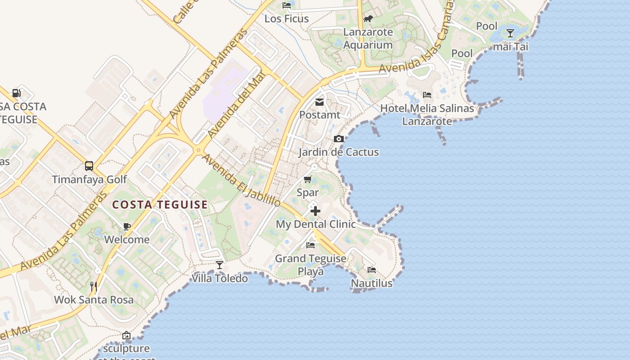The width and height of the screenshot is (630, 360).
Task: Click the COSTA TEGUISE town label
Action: (160, 205)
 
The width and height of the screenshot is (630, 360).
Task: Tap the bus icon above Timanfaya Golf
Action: (89, 166)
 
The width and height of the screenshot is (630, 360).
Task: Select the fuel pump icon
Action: (16, 93)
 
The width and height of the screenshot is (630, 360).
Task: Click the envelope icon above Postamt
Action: (319, 102)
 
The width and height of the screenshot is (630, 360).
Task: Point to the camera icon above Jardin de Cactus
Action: (339, 139)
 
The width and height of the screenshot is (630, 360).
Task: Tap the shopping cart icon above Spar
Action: (308, 180)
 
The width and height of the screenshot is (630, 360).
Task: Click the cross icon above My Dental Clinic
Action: (315, 211)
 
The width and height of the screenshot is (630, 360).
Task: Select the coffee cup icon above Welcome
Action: (127, 226)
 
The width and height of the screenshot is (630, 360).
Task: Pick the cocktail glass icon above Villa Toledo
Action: (220, 265)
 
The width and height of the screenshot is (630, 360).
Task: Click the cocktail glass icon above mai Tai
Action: (510, 33)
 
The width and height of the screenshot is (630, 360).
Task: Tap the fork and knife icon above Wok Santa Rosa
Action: (94, 286)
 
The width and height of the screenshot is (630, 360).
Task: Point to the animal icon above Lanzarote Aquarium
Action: (368, 19)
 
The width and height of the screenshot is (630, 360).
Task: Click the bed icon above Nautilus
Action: (372, 270)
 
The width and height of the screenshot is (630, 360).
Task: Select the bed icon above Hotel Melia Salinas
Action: (427, 94)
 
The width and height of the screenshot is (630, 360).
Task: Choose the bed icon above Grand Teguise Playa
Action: (310, 245)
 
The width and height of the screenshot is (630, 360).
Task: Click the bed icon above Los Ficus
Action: (287, 5)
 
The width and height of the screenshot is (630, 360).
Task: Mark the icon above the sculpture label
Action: (126, 335)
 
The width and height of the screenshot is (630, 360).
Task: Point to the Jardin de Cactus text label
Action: (339, 152)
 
